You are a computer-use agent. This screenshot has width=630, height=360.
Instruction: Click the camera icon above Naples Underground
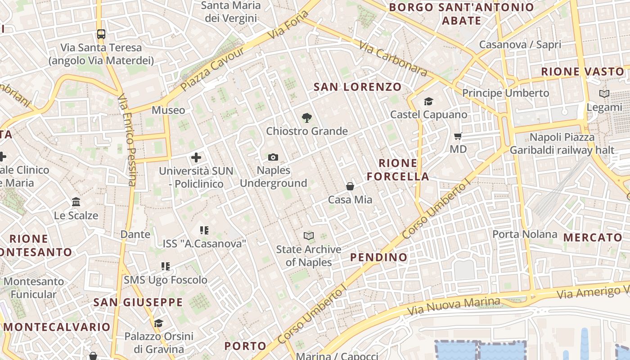pos(273,157)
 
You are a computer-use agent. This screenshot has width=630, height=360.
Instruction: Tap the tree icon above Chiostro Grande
pos(307,118)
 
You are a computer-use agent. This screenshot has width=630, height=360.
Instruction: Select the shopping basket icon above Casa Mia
pos(350,186)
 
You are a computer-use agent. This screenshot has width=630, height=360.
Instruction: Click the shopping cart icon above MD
pos(458,136)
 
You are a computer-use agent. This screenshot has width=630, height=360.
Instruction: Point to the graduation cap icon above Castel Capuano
pos(428,102)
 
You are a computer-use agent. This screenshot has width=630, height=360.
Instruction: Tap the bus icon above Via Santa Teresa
pos(101,34)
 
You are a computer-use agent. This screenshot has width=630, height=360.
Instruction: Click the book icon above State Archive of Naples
pos(308,236)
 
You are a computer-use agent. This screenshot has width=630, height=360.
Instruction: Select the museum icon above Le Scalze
pos(76,202)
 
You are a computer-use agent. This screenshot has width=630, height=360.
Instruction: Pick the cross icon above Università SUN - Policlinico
pos(196,157)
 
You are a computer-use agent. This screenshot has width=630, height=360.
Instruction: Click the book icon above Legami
pos(604,94)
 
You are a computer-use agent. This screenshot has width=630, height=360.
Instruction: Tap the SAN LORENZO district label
pos(357,87)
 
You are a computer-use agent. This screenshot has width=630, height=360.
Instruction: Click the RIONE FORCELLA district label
pos(398,170)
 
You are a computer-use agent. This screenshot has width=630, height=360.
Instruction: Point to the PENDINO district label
pos(379,257)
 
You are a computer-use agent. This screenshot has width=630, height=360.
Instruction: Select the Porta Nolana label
pos(525,234)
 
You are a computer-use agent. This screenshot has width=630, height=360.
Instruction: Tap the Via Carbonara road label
pos(393,58)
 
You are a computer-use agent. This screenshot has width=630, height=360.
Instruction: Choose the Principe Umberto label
pos(506,93)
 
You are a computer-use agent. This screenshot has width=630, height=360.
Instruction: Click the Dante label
pos(135,234)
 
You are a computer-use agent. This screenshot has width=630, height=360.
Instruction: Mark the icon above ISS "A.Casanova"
pos(204,230)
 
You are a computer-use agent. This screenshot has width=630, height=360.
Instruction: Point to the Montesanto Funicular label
pos(34,288)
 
